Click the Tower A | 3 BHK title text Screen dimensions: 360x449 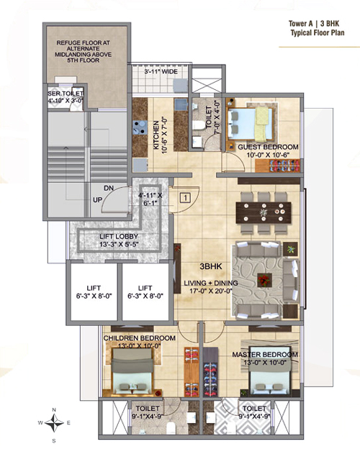pyautogui.click(x=314, y=24)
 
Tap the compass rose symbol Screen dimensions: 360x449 pyautogui.click(x=54, y=422)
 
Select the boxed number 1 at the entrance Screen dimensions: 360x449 pyautogui.click(x=186, y=198)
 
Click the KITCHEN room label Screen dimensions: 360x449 pyautogui.click(x=156, y=135)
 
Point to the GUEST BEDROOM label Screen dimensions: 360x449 pyautogui.click(x=269, y=148)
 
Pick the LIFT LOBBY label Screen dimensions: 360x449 pyautogui.click(x=119, y=237)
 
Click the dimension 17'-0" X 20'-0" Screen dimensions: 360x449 pyautogui.click(x=211, y=291)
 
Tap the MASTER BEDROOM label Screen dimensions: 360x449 pyautogui.click(x=265, y=355)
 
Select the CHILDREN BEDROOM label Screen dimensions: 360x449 pyautogui.click(x=139, y=338)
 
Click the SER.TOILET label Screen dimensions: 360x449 pyautogui.click(x=66, y=94)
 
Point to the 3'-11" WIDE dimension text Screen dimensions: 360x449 pyautogui.click(x=161, y=71)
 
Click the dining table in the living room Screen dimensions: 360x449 pyautogui.click(x=264, y=212)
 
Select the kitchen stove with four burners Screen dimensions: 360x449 pyautogui.click(x=140, y=127)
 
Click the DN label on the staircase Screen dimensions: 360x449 pyautogui.click(x=109, y=188)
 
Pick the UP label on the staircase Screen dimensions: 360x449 pyautogui.click(x=97, y=199)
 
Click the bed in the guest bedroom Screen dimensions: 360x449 pyautogui.click(x=251, y=124)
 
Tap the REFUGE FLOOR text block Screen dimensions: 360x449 pyautogui.click(x=83, y=52)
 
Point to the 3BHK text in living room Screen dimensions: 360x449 pyautogui.click(x=211, y=266)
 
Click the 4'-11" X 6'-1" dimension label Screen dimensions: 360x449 pyautogui.click(x=150, y=199)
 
